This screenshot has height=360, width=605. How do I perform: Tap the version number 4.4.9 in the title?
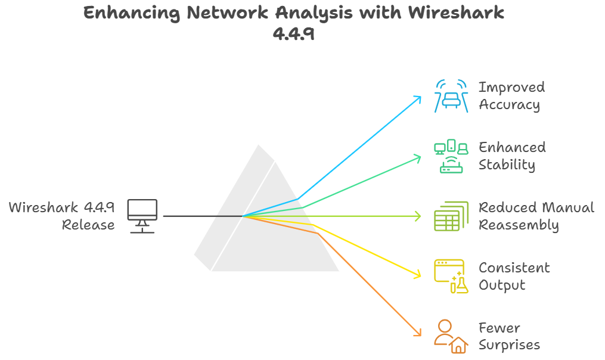[293, 34]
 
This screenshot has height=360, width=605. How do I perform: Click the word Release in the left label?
[88, 225]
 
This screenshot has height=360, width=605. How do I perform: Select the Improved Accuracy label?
[511, 96]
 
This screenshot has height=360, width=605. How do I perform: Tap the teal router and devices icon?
[450, 156]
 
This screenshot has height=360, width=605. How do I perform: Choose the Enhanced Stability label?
[512, 156]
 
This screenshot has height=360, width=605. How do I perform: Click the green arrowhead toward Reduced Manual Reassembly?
[419, 216]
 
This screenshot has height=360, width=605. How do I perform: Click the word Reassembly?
[519, 225]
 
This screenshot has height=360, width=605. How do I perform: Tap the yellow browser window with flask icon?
[450, 277]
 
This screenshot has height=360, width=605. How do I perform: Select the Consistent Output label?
[514, 277]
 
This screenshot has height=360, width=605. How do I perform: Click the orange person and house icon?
[450, 337]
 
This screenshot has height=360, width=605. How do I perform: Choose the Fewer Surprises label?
[509, 337]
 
